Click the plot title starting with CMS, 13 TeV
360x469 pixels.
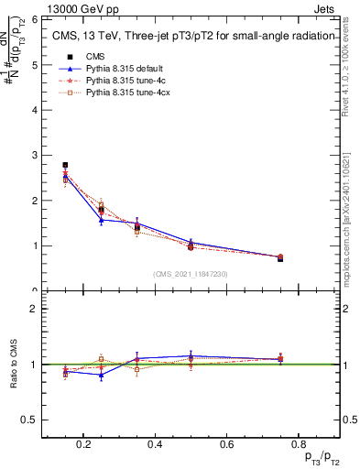[x=191, y=37]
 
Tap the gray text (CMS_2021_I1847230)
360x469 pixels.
[x=191, y=274]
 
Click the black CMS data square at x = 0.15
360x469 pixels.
[x=65, y=165]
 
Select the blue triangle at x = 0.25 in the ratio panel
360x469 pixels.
[x=101, y=375]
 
